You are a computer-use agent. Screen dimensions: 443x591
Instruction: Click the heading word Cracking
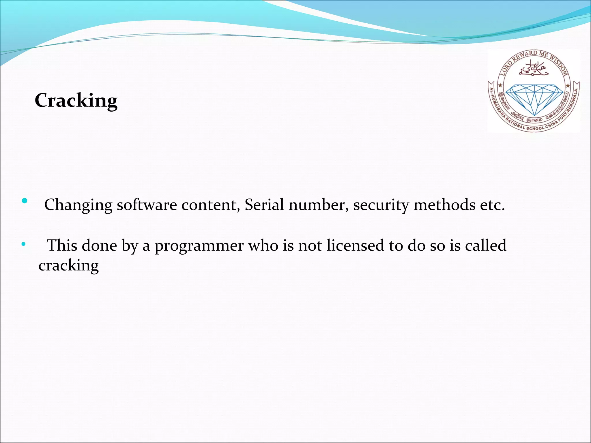coord(76,100)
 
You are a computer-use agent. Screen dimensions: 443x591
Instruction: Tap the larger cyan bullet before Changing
coord(25,200)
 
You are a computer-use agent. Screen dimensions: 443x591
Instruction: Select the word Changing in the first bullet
coord(78,205)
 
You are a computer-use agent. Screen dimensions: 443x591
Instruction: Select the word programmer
coord(199,246)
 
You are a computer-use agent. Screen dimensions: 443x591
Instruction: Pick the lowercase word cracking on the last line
coord(69,266)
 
